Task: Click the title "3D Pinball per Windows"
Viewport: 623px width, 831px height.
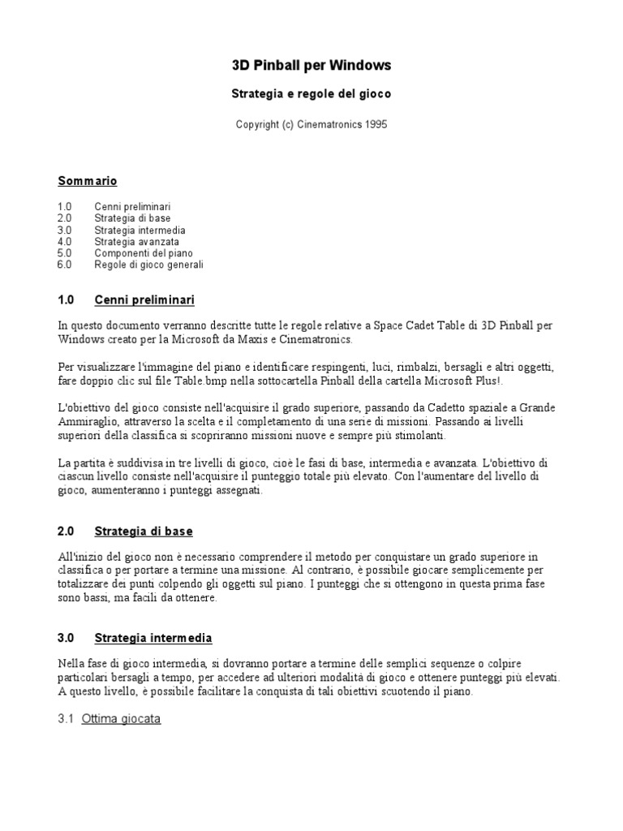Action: click(311, 65)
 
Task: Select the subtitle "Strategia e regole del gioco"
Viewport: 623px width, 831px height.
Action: click(311, 94)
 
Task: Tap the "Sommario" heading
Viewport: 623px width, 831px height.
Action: click(88, 180)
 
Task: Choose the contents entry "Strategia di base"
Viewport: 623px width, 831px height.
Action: click(132, 218)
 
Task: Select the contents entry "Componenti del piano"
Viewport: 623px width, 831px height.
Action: click(144, 253)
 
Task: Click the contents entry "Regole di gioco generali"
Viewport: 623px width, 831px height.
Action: click(148, 265)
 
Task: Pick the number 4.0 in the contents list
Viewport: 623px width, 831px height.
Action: click(65, 242)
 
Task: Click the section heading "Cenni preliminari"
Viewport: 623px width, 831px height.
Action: click(144, 300)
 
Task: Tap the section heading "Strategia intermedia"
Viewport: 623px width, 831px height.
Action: click(153, 638)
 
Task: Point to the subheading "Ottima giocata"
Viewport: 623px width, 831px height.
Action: click(121, 718)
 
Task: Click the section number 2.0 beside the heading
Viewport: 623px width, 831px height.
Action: click(66, 532)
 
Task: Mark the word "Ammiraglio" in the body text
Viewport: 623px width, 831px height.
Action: click(85, 423)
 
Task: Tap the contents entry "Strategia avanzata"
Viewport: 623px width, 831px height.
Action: click(136, 242)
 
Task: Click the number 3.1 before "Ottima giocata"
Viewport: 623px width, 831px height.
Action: click(67, 718)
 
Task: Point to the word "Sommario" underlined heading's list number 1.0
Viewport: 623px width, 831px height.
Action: click(65, 207)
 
